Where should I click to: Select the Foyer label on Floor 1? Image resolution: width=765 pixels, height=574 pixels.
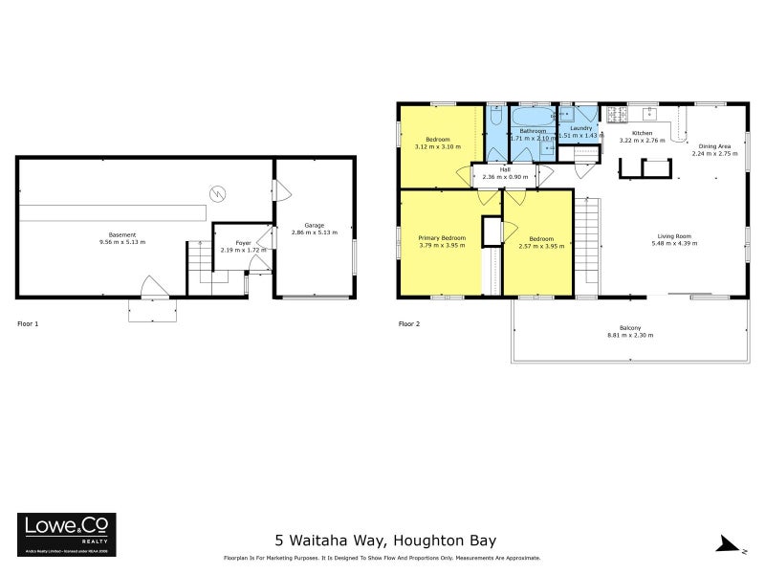point(243,243)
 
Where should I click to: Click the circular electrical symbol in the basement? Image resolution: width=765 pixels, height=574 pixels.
point(218,192)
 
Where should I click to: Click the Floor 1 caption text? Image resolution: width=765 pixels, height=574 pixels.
point(30,324)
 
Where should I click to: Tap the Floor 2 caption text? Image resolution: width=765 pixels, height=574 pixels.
point(409,324)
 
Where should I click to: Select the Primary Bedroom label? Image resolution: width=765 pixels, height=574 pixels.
point(442,237)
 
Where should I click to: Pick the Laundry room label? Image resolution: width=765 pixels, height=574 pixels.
point(579,127)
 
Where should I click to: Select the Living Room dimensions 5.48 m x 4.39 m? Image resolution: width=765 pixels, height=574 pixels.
point(675,244)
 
